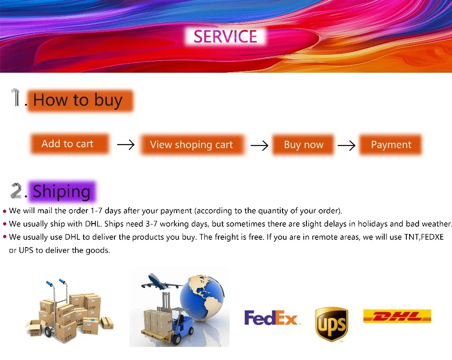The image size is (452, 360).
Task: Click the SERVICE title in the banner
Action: click(225, 37)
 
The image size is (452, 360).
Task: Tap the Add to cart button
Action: click(70, 144)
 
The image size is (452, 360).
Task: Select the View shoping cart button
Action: click(192, 145)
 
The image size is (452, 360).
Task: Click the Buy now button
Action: click(303, 145)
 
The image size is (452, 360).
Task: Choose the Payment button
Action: click(391, 145)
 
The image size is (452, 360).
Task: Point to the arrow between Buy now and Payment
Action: click(346, 145)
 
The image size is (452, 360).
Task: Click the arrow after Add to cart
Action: click(126, 145)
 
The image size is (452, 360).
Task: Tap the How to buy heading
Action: click(80, 101)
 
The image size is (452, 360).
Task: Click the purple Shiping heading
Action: click(62, 191)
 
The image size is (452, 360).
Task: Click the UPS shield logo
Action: click(332, 324)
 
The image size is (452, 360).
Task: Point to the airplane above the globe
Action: click(160, 282)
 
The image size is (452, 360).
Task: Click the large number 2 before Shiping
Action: click(16, 191)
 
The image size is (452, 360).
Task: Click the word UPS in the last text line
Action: click(26, 250)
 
